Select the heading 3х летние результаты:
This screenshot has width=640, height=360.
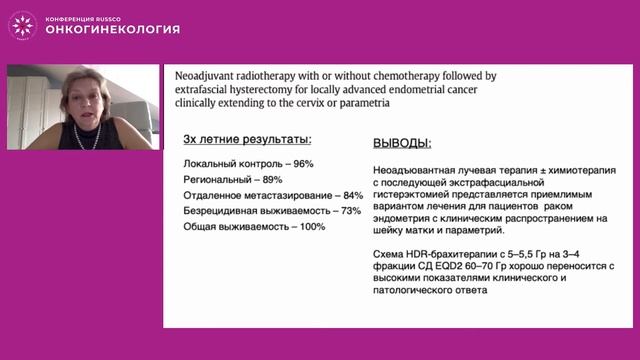pos(246,139)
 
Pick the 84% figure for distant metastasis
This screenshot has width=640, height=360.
pos(352,195)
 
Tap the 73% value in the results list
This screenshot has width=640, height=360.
pos(346,211)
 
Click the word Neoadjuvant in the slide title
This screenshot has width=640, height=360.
pos(206,75)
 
